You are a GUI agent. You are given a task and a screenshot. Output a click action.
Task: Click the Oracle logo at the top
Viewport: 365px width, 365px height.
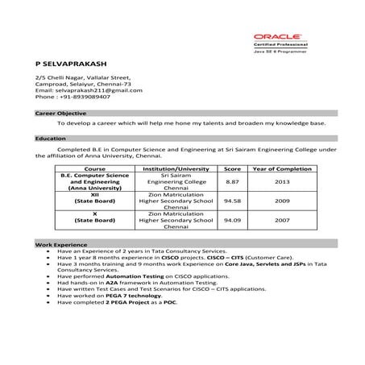(277, 37)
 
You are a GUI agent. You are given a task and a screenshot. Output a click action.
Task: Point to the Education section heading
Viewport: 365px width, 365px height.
(50, 139)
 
